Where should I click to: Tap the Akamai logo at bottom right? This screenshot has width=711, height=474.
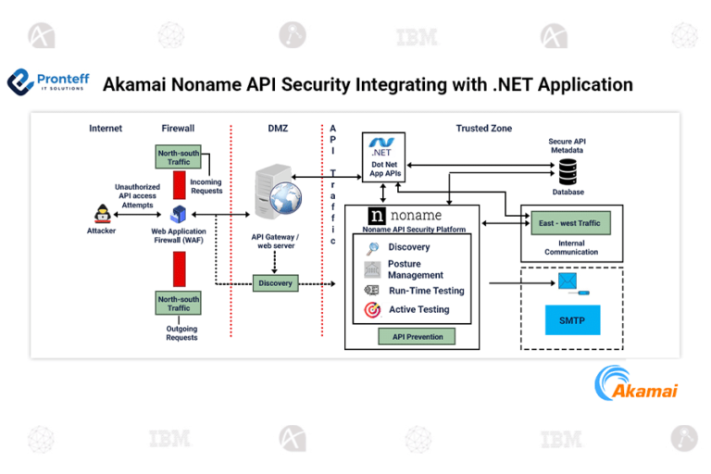pyautogui.click(x=636, y=382)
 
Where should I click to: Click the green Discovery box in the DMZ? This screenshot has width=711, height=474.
pyautogui.click(x=275, y=282)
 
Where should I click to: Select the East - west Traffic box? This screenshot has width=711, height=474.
pyautogui.click(x=570, y=223)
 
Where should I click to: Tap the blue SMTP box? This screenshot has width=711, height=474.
pyautogui.click(x=571, y=320)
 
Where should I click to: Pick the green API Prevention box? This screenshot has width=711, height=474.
pyautogui.click(x=411, y=337)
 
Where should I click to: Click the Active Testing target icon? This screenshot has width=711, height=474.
pyautogui.click(x=372, y=310)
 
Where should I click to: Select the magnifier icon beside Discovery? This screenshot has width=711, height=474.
pyautogui.click(x=372, y=247)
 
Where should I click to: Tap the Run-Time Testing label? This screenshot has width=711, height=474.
pyautogui.click(x=426, y=291)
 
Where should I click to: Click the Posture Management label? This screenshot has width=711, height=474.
pyautogui.click(x=415, y=269)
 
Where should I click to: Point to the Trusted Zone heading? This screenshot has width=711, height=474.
pyautogui.click(x=483, y=128)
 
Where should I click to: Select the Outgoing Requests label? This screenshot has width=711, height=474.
pyautogui.click(x=181, y=332)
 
